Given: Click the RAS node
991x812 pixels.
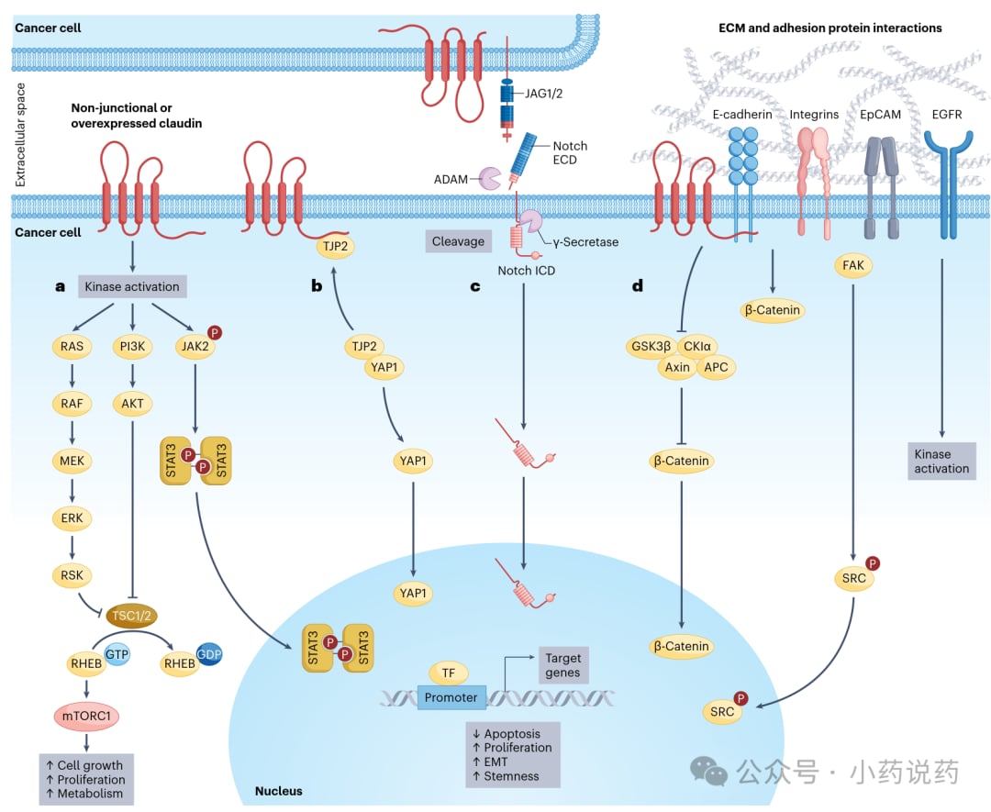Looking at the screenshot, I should point(72,346).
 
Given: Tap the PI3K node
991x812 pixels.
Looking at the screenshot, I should point(135,346).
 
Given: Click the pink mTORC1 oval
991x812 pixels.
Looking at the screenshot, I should point(84,715).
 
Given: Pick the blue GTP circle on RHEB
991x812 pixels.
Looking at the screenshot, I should point(116,652).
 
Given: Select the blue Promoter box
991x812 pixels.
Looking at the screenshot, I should point(451,697).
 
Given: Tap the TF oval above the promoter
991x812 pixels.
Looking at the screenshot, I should point(449,673).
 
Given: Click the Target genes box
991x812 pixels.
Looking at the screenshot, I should point(562,665).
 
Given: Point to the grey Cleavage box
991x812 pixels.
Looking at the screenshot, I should point(458,241).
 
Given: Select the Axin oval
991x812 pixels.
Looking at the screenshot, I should point(677,367).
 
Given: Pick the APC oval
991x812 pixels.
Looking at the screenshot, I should point(715,367).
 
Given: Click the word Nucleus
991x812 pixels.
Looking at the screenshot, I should point(278,790).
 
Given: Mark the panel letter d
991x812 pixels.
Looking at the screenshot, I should point(637,286).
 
